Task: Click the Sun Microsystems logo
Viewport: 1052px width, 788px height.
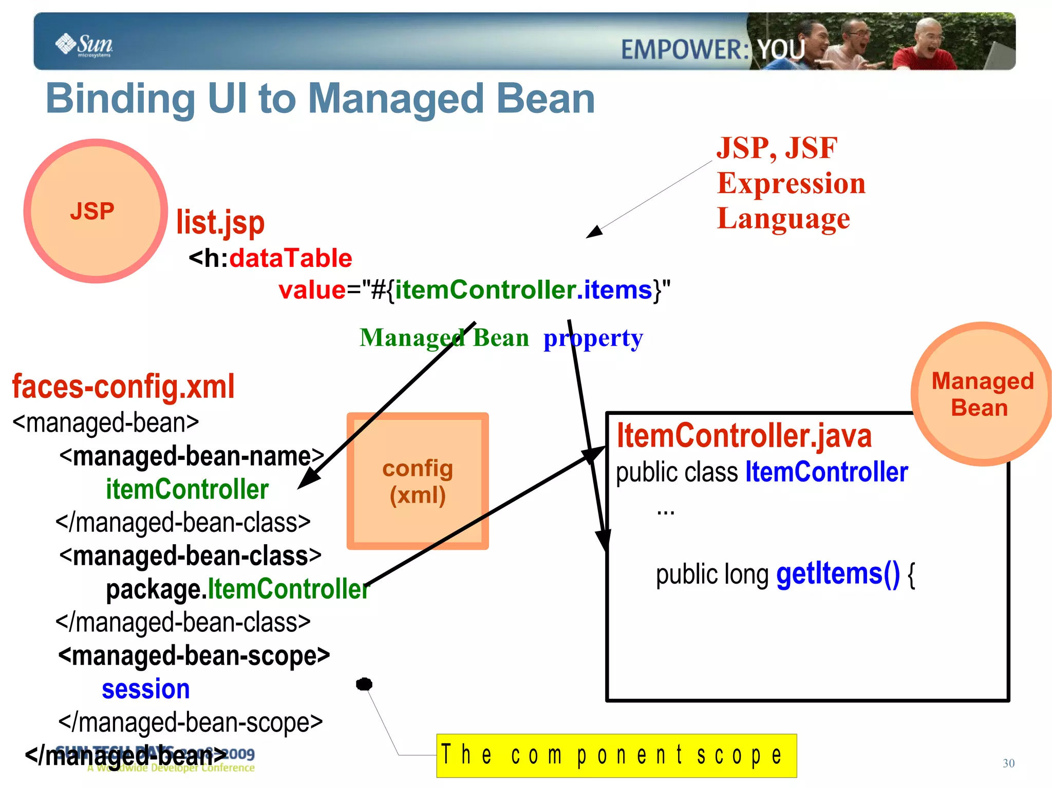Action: [84, 45]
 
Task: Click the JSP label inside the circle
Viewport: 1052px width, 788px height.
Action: [92, 212]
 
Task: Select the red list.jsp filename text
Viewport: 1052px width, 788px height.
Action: [220, 223]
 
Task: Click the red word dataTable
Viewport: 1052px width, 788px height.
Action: [291, 258]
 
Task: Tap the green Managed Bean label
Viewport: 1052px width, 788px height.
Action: [444, 338]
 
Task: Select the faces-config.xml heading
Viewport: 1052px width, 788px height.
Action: [123, 387]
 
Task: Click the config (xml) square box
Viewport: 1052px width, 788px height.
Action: [418, 481]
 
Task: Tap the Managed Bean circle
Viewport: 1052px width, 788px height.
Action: [981, 394]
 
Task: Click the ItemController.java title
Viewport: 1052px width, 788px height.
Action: [744, 436]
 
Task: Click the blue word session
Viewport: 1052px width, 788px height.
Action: [146, 689]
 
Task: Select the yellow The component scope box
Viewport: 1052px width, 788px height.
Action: [616, 755]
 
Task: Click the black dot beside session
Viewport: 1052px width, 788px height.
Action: [364, 684]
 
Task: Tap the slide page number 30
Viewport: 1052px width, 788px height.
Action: [1008, 763]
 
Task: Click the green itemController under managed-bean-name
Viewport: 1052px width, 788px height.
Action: [187, 489]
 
